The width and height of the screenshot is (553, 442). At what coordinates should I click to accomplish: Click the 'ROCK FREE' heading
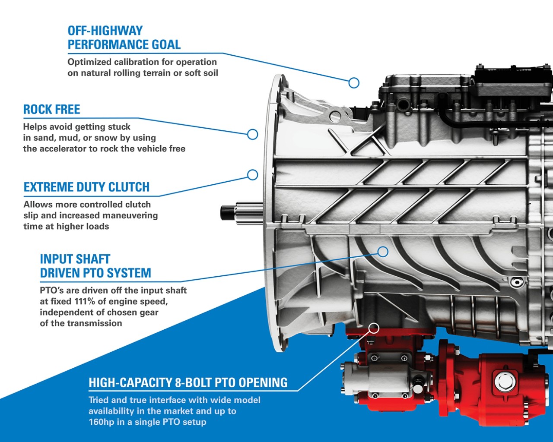click(x=52, y=109)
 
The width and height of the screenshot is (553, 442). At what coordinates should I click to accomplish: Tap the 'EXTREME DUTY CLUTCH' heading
click(x=86, y=187)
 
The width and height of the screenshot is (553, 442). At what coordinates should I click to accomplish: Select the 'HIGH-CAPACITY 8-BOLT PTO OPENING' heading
click(x=188, y=382)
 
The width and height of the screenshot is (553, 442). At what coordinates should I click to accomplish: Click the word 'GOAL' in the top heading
click(x=166, y=45)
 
